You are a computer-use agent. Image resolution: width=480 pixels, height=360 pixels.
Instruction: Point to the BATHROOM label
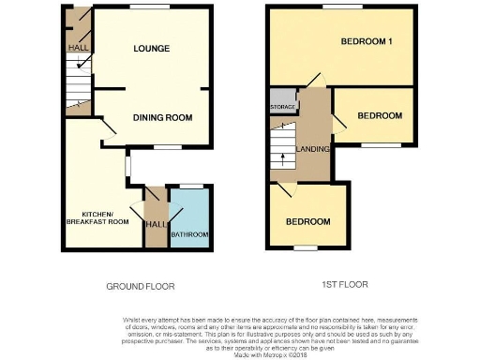(189, 234)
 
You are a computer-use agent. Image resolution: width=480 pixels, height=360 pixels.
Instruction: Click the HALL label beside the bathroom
(155, 224)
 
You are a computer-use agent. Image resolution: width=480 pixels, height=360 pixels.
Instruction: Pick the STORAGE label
(282, 108)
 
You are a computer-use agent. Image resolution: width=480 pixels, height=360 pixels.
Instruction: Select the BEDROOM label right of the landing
(380, 115)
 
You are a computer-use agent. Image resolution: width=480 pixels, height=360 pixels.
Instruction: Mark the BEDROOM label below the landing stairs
(307, 221)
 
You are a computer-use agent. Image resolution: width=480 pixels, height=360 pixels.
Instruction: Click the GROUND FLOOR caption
(142, 285)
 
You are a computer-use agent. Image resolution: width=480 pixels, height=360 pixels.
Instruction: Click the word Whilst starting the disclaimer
(134, 320)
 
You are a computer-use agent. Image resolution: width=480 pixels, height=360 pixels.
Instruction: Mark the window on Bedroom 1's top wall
(339, 7)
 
